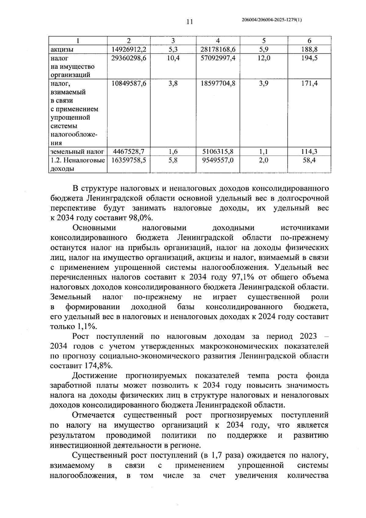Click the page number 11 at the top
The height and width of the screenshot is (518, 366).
189,22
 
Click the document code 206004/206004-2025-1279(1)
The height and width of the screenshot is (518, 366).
271,20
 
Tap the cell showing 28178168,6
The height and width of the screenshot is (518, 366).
218,49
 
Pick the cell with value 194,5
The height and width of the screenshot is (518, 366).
309,58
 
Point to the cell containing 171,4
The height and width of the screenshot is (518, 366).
309,83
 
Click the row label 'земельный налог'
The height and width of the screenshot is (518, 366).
77,151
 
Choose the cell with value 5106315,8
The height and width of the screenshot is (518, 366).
218,151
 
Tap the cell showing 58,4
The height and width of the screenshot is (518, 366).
309,160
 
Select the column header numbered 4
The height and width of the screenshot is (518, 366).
218,41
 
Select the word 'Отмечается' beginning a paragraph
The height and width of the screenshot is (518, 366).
93,415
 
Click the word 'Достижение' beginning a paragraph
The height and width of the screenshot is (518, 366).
95,375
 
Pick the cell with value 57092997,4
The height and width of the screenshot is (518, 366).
218,58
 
